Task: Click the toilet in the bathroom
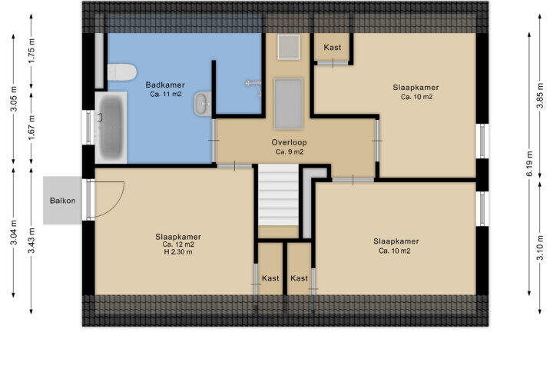coord(121,72)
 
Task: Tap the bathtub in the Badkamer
coord(111,128)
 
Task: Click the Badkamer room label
coord(165,85)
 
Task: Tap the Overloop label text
coord(290,142)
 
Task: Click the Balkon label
coord(62,201)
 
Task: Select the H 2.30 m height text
coord(178,252)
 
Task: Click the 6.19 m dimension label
coord(529,164)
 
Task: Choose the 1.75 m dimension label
coord(31,51)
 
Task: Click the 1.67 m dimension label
coord(31,128)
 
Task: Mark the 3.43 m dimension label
coord(31,240)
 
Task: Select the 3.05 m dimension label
coord(14,99)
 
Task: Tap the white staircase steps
coord(278,195)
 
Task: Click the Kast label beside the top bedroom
coord(333,47)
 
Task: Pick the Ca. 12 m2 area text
coord(178,244)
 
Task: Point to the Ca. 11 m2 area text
coord(165,94)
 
